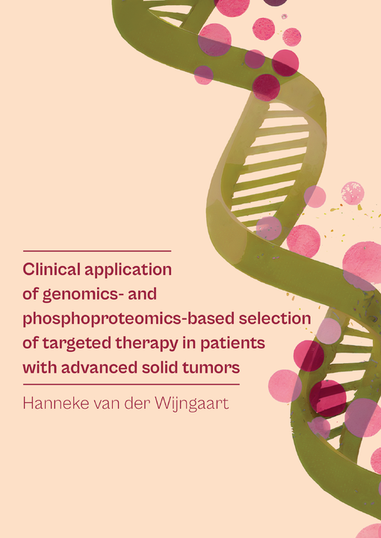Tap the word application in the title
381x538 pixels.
click(128, 270)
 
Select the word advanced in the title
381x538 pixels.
click(99, 368)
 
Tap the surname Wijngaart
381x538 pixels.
click(192, 404)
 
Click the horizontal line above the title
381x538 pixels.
click(97, 251)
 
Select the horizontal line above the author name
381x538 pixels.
click(131, 384)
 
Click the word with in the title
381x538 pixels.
click(40, 368)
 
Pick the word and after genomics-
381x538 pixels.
click(143, 294)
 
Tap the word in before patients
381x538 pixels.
click(190, 343)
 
